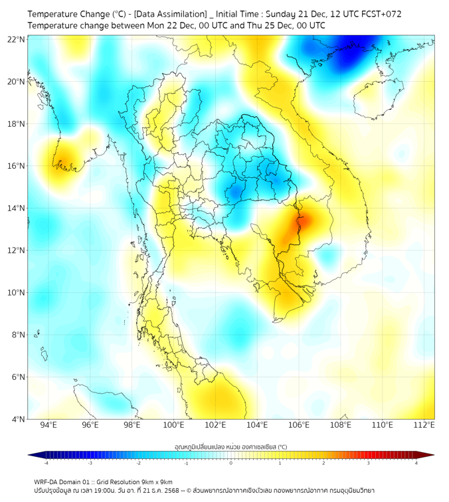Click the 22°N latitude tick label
click(x=17, y=39)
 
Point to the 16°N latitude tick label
click(x=17, y=166)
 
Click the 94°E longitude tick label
click(x=48, y=425)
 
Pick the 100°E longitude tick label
click(x=174, y=425)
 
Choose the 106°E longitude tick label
click(x=299, y=425)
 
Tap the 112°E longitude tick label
click(x=424, y=425)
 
